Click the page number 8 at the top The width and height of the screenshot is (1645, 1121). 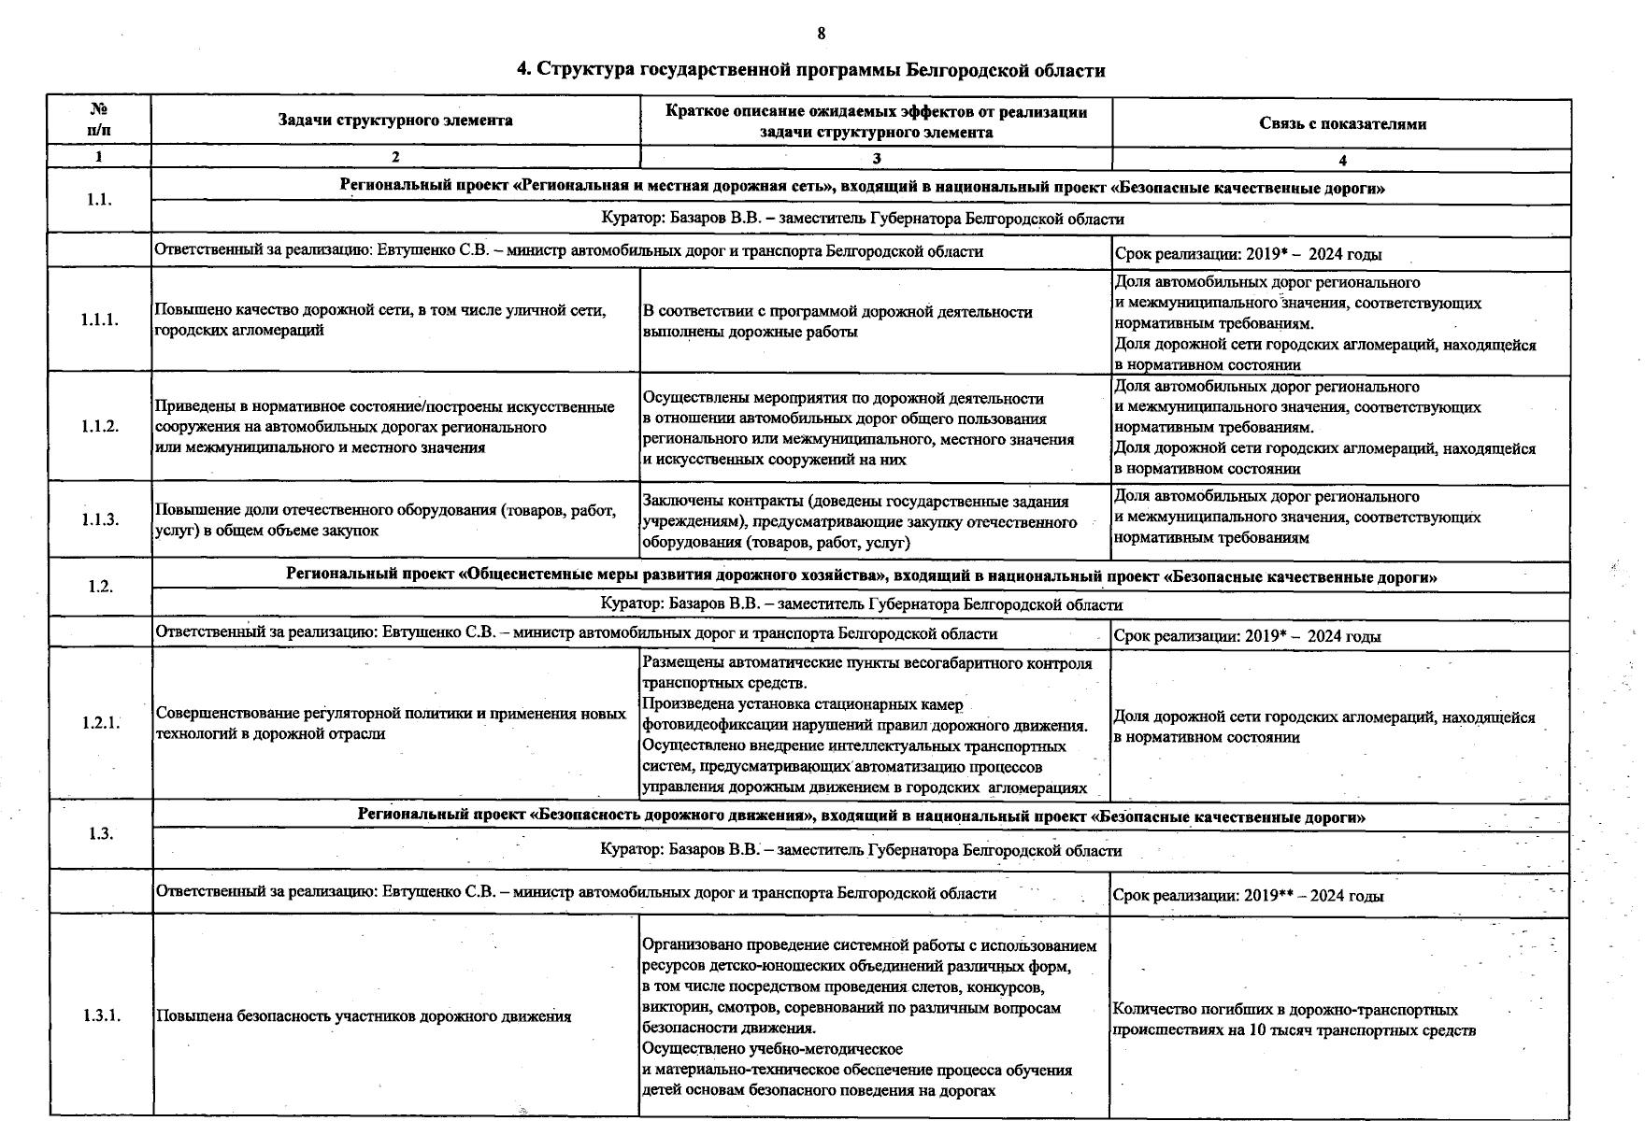(x=821, y=34)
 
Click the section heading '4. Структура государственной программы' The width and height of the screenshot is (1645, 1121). (x=811, y=70)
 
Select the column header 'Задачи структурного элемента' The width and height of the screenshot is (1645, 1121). (x=395, y=121)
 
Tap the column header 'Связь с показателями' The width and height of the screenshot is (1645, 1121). (x=1341, y=123)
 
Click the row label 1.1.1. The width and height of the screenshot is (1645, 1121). (x=99, y=320)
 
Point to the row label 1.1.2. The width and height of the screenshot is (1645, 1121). (x=99, y=427)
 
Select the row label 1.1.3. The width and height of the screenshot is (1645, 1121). (x=99, y=519)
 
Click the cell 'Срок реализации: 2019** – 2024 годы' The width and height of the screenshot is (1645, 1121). (x=1249, y=896)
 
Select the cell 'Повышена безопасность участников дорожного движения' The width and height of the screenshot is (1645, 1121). (x=364, y=1016)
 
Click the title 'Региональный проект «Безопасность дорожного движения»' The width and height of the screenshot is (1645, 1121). (x=861, y=816)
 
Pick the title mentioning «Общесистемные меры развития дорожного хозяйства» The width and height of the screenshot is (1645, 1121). (x=861, y=576)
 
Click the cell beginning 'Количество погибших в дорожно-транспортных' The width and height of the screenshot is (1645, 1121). (x=1294, y=1020)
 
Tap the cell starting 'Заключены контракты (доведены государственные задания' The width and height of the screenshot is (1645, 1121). (x=860, y=521)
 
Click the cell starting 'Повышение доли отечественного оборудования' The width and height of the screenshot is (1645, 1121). (x=385, y=520)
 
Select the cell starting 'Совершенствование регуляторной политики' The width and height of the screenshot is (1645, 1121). (x=391, y=723)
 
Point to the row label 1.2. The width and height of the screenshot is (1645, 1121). (x=99, y=587)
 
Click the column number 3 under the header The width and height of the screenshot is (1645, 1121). (x=876, y=158)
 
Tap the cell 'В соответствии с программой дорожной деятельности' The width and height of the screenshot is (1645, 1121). (x=837, y=321)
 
